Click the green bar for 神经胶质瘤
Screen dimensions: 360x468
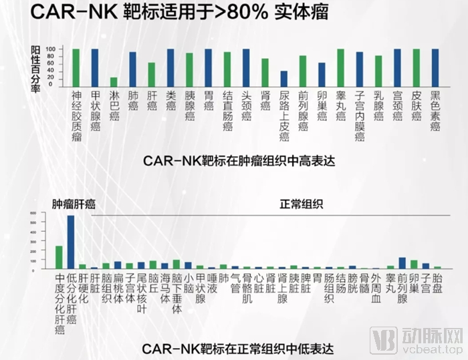[x=76, y=67]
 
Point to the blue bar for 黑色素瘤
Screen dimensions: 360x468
[x=435, y=67]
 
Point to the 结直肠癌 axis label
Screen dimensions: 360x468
[x=227, y=111]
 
